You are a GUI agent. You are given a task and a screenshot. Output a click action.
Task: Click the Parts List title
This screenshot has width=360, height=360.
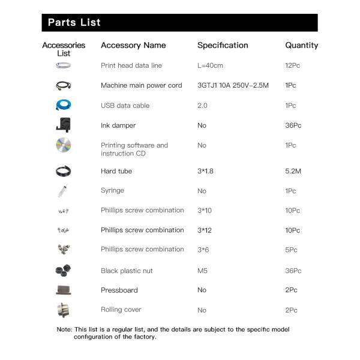(74, 23)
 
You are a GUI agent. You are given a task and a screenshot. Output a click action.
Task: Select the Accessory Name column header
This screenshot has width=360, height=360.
(133, 45)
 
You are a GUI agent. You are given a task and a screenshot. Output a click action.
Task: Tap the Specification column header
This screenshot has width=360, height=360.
(223, 45)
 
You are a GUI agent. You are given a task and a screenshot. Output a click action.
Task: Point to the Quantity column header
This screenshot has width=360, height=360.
(301, 45)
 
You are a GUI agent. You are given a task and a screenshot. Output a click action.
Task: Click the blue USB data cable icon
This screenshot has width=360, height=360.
(63, 106)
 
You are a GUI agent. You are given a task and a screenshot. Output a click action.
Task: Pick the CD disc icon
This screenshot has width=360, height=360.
(63, 146)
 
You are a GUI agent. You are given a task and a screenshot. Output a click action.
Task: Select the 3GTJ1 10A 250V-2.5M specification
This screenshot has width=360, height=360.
(233, 85)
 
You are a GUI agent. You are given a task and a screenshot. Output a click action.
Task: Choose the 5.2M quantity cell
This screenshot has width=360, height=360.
(293, 171)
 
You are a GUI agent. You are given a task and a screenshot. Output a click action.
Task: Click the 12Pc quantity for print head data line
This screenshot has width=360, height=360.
(292, 65)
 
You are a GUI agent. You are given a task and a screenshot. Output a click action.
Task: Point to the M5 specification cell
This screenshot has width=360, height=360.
(202, 271)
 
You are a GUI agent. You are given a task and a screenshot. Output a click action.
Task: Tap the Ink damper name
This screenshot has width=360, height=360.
(118, 125)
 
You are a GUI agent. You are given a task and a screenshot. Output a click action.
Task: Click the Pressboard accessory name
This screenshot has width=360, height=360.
(119, 290)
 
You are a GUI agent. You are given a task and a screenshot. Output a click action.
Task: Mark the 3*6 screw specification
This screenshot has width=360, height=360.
(203, 250)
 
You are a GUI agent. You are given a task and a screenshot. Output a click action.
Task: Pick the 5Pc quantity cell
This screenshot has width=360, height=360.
(291, 250)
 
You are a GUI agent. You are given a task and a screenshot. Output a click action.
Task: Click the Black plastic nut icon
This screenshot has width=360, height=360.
(63, 271)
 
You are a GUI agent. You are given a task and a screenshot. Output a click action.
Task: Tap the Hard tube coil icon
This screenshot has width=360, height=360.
(63, 171)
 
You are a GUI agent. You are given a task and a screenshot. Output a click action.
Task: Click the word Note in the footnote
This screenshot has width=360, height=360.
(64, 329)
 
